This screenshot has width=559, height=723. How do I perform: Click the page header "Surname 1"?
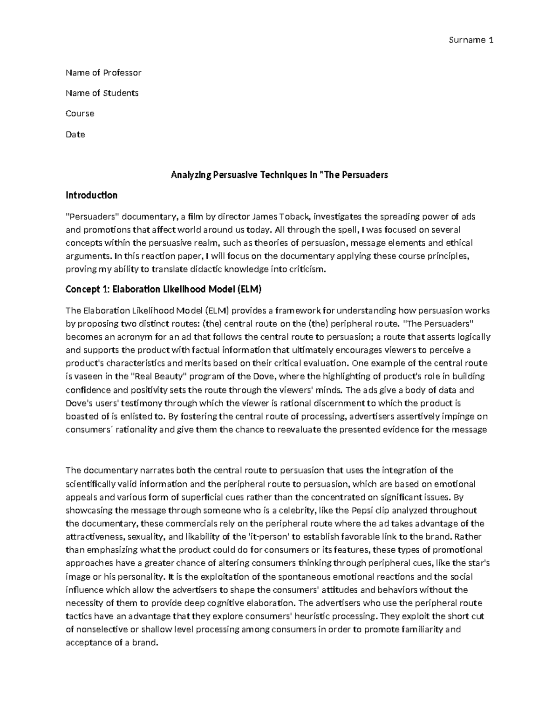tap(470, 40)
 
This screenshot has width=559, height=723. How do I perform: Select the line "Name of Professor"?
tap(103, 73)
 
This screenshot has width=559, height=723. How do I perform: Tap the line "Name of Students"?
tap(102, 93)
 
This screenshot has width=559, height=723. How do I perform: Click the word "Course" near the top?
tap(80, 114)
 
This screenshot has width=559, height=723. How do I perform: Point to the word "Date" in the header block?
tap(75, 135)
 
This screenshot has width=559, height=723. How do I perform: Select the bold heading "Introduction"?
tap(91, 195)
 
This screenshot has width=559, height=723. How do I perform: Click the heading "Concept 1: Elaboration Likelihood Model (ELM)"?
tap(164, 290)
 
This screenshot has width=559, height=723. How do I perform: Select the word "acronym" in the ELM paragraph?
tap(129, 337)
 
